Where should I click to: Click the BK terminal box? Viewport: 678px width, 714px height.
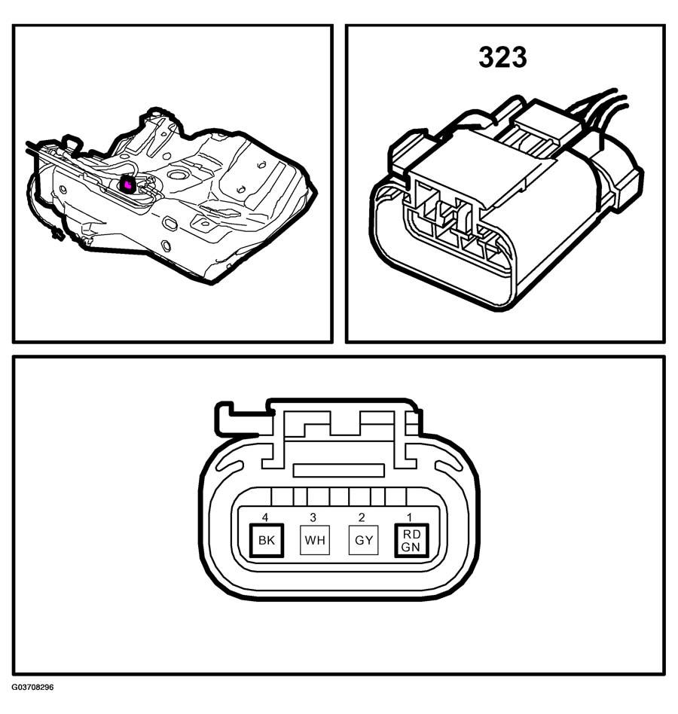[267, 540]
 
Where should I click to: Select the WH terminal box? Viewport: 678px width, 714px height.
[315, 540]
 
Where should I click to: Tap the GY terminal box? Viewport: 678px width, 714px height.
[363, 540]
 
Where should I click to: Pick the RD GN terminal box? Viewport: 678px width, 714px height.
[411, 540]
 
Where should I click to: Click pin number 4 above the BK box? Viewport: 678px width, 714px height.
[265, 517]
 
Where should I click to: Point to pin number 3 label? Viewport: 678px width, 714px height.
[313, 517]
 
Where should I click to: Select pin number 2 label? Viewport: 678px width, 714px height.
[362, 517]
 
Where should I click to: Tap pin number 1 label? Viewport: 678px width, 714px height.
[409, 517]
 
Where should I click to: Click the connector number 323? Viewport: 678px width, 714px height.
[502, 57]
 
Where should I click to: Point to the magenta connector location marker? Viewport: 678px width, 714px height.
[127, 185]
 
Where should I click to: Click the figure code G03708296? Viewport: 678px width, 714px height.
[32, 687]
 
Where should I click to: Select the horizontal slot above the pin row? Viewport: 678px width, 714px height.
[338, 471]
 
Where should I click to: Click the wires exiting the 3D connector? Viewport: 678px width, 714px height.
[600, 109]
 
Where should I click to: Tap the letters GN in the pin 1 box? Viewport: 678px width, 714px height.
[411, 547]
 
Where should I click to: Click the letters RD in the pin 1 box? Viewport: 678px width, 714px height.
[411, 534]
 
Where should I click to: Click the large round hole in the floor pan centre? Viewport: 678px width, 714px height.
[176, 175]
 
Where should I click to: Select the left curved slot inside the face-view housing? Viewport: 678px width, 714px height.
[230, 466]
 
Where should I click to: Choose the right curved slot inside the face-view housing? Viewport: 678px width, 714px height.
[449, 466]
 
